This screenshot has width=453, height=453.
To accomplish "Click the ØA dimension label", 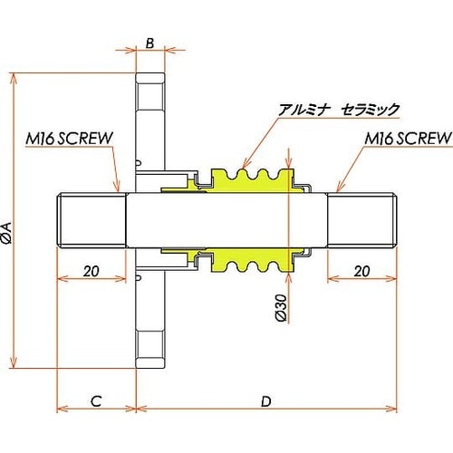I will point(7,232).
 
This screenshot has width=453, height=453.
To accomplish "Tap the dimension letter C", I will point(96,399).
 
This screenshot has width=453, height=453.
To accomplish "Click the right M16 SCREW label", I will point(408,139).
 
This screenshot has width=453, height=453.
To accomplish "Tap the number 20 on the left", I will point(91,271).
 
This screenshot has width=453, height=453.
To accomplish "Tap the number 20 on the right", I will point(361,271).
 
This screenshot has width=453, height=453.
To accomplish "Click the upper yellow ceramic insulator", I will point(249,179).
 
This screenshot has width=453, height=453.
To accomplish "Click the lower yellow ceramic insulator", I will point(249,263).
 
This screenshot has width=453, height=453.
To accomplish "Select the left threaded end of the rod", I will point(91,221).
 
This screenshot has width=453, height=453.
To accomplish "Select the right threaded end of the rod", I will point(361,221).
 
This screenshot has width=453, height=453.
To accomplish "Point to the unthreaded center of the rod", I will point(226,221).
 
